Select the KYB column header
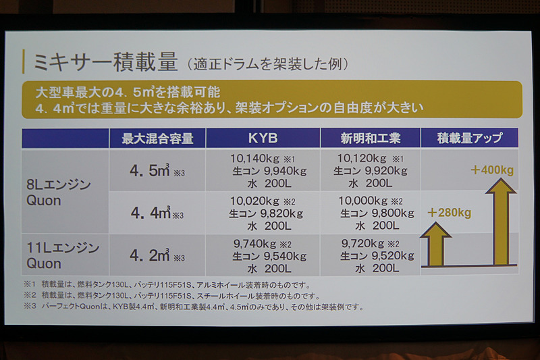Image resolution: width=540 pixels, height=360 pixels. pos(263,138)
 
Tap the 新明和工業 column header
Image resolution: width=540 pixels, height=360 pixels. pos(370,138)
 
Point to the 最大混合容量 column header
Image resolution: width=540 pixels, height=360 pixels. pos(157,139)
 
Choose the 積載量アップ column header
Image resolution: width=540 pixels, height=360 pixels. pos(470,138)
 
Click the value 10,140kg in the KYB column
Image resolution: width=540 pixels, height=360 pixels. pos(251,159)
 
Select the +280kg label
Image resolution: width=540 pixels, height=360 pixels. pos(449,213)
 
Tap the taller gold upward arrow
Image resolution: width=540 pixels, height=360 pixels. pos(500,223)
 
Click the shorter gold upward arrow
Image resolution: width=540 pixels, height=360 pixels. pos(436,244)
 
